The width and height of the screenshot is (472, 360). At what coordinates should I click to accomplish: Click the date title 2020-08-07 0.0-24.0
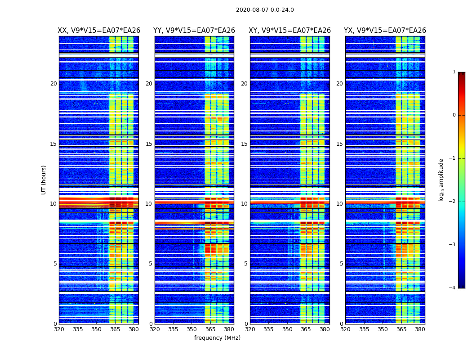pos(265,10)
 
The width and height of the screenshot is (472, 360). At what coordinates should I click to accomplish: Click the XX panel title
pos(99,31)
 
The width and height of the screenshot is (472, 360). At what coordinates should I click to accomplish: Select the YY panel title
pos(194,31)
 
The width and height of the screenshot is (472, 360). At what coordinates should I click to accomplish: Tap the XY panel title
pos(290,31)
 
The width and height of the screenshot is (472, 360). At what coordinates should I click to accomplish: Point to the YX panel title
pos(385,31)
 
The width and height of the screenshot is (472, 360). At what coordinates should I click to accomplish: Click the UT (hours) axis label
pos(44,180)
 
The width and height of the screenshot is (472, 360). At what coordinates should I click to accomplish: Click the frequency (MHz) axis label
pos(217,338)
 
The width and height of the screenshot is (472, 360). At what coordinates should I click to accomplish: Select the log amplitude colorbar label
pos(441,180)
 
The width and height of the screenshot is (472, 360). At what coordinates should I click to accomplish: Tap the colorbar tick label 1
pos(454,72)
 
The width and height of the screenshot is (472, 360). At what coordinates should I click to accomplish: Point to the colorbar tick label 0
pos(454,115)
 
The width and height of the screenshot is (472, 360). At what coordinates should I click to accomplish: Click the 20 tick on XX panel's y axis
pos(53,84)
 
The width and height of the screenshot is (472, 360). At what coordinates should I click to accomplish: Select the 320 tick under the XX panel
pos(59,329)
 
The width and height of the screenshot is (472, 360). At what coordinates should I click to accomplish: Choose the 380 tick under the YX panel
pos(420,329)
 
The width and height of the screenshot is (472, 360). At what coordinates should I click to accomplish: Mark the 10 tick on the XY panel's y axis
pos(244,204)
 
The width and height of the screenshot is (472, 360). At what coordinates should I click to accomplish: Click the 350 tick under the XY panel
pos(287,329)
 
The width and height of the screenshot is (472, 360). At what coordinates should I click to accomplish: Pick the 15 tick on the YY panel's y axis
pos(149,144)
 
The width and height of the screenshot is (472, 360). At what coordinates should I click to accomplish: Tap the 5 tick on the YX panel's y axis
pos(341,264)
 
